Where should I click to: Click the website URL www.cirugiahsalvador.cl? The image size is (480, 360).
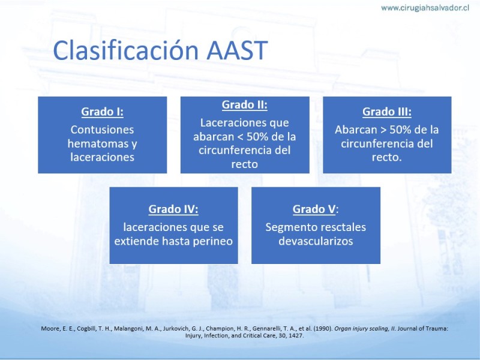425,8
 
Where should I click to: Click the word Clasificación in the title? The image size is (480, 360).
125,50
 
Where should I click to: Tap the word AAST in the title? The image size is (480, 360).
237,50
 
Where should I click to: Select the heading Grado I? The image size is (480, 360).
102,112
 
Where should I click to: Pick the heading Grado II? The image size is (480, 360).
245,104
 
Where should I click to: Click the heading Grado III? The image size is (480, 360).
387,112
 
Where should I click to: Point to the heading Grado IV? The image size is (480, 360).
173,209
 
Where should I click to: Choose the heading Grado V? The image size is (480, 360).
314,209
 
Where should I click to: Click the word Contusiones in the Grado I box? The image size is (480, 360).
102,130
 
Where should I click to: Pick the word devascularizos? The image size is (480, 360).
316,241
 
